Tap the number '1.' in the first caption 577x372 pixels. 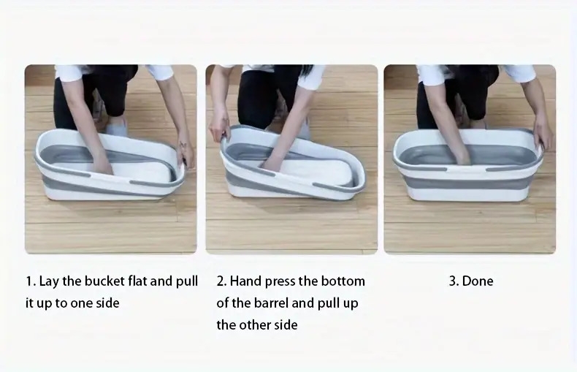pyautogui.click(x=31, y=281)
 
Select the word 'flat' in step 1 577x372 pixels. pyautogui.click(x=137, y=281)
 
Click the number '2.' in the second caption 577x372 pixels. pyautogui.click(x=221, y=281)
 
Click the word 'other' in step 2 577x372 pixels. pyautogui.click(x=253, y=324)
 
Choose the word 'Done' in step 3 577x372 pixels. pyautogui.click(x=477, y=281)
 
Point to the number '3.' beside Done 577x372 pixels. pyautogui.click(x=454, y=281)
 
